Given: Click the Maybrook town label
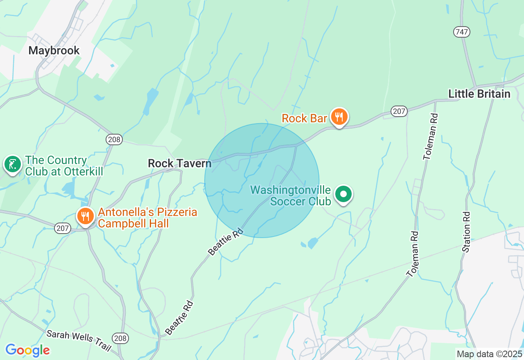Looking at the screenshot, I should pyautogui.click(x=54, y=50).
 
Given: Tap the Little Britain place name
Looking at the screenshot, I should pyautogui.click(x=479, y=94).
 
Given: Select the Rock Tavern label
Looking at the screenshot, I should pyautogui.click(x=179, y=163).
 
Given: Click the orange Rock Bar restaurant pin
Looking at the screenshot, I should pyautogui.click(x=339, y=117).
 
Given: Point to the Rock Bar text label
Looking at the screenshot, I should pyautogui.click(x=304, y=118).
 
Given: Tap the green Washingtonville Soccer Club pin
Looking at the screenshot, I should pyautogui.click(x=344, y=194).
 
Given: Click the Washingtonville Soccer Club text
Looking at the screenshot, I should pyautogui.click(x=291, y=196).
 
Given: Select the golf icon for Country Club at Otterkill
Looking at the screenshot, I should pyautogui.click(x=12, y=164).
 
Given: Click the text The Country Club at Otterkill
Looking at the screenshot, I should pyautogui.click(x=64, y=166).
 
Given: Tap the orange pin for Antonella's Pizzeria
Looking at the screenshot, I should pyautogui.click(x=85, y=216).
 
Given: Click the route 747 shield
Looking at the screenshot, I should pyautogui.click(x=461, y=32).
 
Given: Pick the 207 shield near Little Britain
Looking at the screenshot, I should pyautogui.click(x=399, y=111).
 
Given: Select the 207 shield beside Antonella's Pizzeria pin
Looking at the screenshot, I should pyautogui.click(x=63, y=228).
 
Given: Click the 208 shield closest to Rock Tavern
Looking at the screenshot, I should pyautogui.click(x=114, y=139).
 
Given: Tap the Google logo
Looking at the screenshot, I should pyautogui.click(x=27, y=350).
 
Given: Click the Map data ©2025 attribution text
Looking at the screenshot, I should pyautogui.click(x=489, y=354).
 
